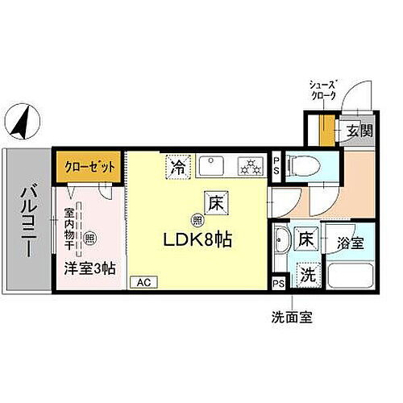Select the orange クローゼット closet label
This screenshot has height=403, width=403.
(x=89, y=167)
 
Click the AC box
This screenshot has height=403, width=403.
(x=143, y=282)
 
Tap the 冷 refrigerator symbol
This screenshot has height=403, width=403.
(x=177, y=167)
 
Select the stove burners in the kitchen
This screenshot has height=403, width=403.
(x=251, y=167)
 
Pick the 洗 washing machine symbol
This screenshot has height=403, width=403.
(x=307, y=272)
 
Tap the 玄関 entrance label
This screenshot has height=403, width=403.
(x=359, y=131)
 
